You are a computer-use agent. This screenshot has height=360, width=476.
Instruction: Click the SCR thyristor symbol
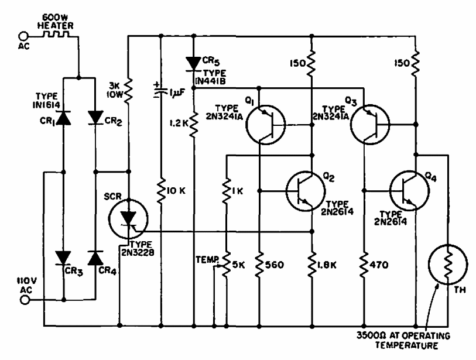click(x=127, y=218)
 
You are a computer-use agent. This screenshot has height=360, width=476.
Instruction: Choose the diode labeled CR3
click(x=63, y=258)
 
